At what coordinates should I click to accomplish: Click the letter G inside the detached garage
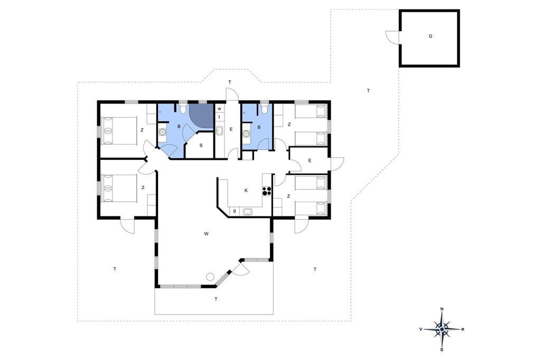tap(430, 36)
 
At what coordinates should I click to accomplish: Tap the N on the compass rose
tap(442, 309)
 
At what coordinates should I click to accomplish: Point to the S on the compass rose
tap(442, 349)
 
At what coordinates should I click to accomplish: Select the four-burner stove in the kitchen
tap(266, 191)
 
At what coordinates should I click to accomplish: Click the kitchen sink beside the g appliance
tap(247, 211)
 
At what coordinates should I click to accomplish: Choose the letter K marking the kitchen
tap(246, 191)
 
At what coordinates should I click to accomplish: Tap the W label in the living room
tap(206, 234)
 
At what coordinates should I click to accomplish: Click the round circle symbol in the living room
tap(210, 277)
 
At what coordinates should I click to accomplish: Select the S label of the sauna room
tap(201, 146)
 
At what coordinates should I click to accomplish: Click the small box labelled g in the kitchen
tap(235, 211)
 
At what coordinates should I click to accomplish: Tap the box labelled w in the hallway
tap(219, 109)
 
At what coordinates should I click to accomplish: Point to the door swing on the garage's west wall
tap(393, 37)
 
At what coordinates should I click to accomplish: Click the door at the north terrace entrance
tap(232, 95)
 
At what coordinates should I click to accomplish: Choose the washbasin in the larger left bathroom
tap(162, 132)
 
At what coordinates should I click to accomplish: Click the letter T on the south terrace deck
tap(216, 299)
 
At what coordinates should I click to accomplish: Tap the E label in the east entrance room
tap(310, 160)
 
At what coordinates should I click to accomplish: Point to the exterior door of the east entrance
tap(338, 164)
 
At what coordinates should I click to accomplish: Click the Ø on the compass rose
tap(463, 329)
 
